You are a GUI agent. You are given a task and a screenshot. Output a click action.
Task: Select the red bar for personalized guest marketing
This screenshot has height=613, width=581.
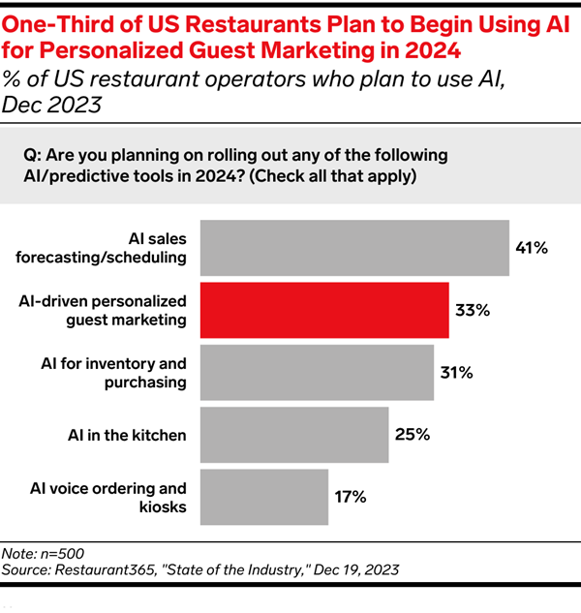[x=324, y=311]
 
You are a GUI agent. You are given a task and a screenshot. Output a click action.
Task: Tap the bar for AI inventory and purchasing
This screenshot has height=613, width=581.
[x=317, y=373]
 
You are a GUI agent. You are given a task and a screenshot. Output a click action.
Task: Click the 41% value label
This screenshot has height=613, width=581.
[x=532, y=249]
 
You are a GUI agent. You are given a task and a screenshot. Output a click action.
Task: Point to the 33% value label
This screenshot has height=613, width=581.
[x=473, y=311]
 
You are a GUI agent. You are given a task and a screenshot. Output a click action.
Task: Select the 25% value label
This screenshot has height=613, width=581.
[x=413, y=435]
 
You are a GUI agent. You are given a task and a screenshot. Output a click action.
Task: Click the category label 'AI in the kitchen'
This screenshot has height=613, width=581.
[x=128, y=435]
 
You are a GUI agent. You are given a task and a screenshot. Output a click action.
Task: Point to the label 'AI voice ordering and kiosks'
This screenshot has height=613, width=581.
[x=115, y=497]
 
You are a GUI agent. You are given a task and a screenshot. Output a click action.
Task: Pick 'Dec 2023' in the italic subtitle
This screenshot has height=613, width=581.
[x=55, y=103]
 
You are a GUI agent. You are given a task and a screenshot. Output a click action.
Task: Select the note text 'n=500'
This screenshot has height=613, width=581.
[x=71, y=552]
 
